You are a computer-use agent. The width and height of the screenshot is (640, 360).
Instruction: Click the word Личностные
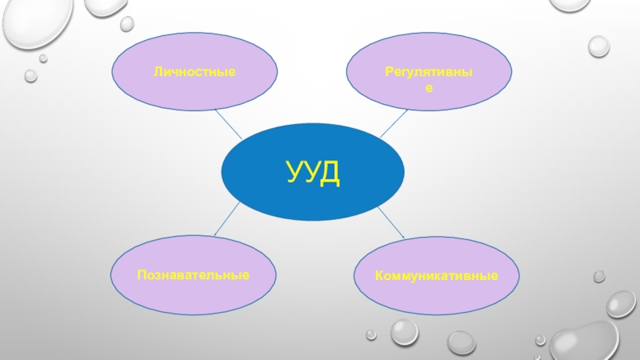pyautogui.click(x=194, y=73)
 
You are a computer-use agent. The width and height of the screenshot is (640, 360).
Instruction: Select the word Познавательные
pyautogui.click(x=192, y=274)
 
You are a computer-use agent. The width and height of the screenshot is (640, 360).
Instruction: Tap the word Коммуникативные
pyautogui.click(x=437, y=275)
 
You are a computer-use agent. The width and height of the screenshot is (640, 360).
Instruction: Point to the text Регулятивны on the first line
pyautogui.click(x=429, y=73)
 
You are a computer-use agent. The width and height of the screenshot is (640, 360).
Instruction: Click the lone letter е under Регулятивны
pyautogui.click(x=429, y=88)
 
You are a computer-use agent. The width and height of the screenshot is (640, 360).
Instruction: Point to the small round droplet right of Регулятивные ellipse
pyautogui.click(x=598, y=45)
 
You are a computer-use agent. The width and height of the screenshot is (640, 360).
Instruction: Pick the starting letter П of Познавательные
pyautogui.click(x=140, y=274)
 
